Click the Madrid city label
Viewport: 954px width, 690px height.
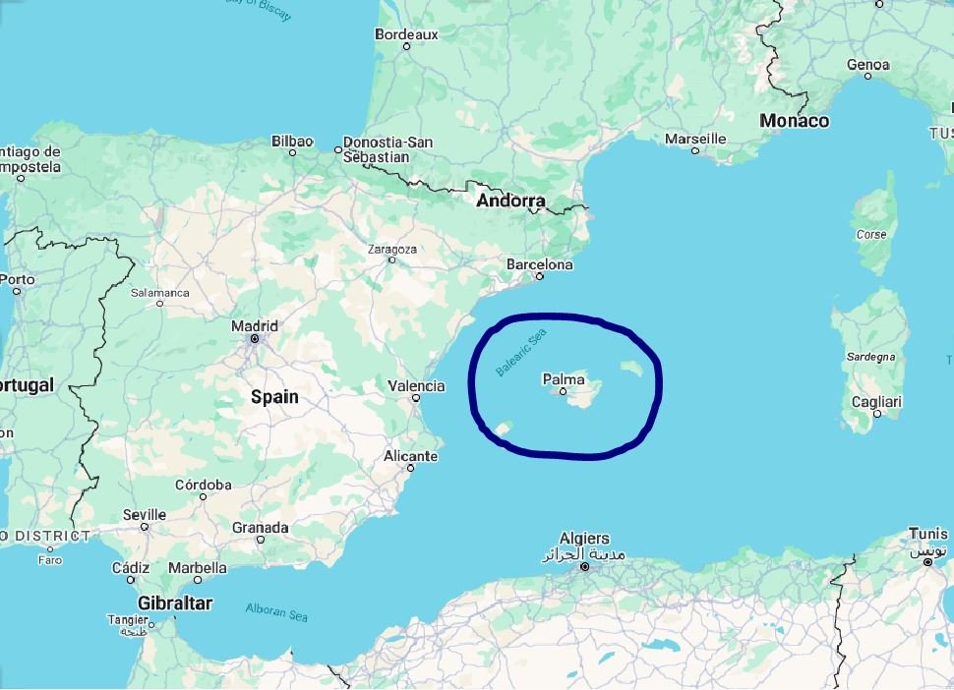click(x=254, y=326)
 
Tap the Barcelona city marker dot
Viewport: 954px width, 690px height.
click(x=539, y=276)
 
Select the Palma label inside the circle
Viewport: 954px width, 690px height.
click(x=564, y=379)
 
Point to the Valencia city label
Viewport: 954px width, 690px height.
click(x=416, y=386)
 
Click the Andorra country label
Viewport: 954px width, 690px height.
click(x=510, y=201)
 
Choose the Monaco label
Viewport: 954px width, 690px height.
click(x=794, y=121)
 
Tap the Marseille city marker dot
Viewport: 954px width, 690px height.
click(x=695, y=150)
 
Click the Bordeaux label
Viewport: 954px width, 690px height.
click(x=406, y=34)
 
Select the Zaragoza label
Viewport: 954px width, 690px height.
click(x=391, y=250)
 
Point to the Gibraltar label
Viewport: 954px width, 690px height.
click(x=175, y=603)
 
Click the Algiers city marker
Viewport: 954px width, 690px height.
click(x=584, y=567)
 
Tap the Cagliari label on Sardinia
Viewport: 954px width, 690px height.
click(x=877, y=402)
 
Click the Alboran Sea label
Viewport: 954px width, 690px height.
click(x=276, y=611)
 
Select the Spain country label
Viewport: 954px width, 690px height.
click(x=274, y=397)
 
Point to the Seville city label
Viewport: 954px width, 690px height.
click(x=145, y=515)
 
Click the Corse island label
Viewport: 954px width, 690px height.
click(x=871, y=235)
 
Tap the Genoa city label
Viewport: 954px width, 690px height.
click(x=867, y=65)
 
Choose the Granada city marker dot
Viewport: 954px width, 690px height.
click(x=261, y=539)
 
